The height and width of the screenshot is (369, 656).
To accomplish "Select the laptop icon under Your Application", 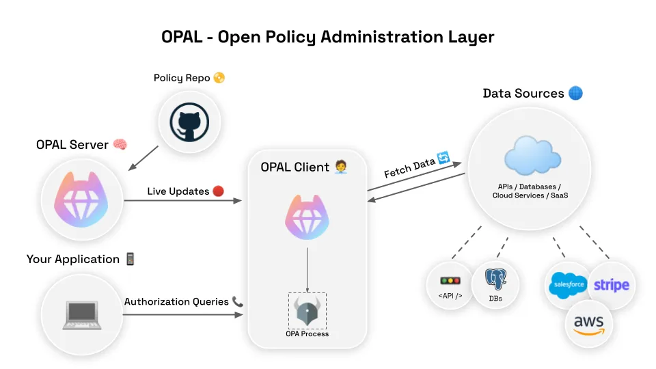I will pos(81,314).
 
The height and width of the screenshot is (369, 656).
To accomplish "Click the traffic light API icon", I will pos(450,281).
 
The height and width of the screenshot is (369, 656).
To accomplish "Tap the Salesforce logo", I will pos(569,284).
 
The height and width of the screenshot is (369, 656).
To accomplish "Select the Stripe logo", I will pos(612,285).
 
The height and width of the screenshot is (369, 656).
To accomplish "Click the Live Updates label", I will pos(178,191).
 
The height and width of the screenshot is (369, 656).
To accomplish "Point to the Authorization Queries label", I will pos(176,301).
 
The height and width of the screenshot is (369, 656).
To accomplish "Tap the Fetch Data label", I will pos(409,165).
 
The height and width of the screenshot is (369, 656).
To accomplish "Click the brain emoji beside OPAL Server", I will pos(120,145).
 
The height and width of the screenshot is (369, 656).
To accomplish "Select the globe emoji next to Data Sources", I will pos(575,93).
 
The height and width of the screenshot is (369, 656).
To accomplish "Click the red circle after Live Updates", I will pos(219,191).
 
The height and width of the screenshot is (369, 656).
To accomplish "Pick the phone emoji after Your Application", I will pos(130,259).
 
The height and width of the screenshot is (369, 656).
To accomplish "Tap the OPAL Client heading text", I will pos(295,167).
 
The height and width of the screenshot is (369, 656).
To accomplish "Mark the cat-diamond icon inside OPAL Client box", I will pos(307,217).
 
